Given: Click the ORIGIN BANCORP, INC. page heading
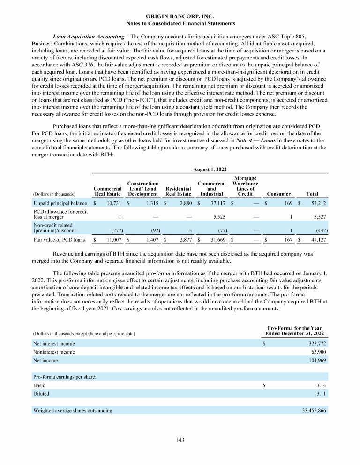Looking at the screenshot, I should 180,16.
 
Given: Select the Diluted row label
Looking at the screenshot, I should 41,394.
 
